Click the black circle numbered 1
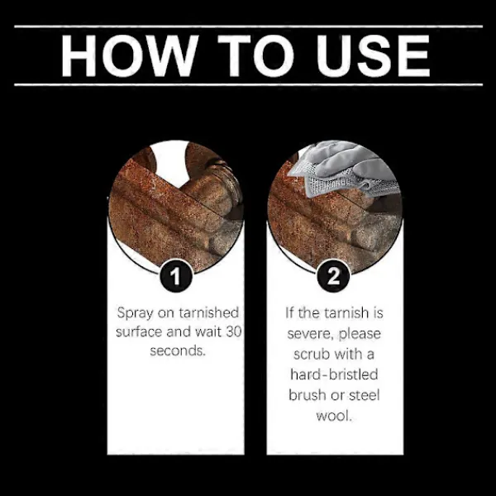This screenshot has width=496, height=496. click(x=175, y=275)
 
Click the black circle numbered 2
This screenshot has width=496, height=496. click(x=333, y=275)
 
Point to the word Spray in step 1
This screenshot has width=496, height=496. click(x=135, y=314)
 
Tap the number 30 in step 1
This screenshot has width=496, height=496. click(x=233, y=331)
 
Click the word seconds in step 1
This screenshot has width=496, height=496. click(x=178, y=351)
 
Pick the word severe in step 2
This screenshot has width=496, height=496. click(x=310, y=334)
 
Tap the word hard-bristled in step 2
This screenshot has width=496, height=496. click(x=334, y=374)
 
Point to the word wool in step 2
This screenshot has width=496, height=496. click(x=334, y=415)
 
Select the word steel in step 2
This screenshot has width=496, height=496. click(x=364, y=395)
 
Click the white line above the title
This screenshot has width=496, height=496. click(x=248, y=26)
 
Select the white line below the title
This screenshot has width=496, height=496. click(x=248, y=84)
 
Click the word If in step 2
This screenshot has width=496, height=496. click(x=289, y=312)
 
